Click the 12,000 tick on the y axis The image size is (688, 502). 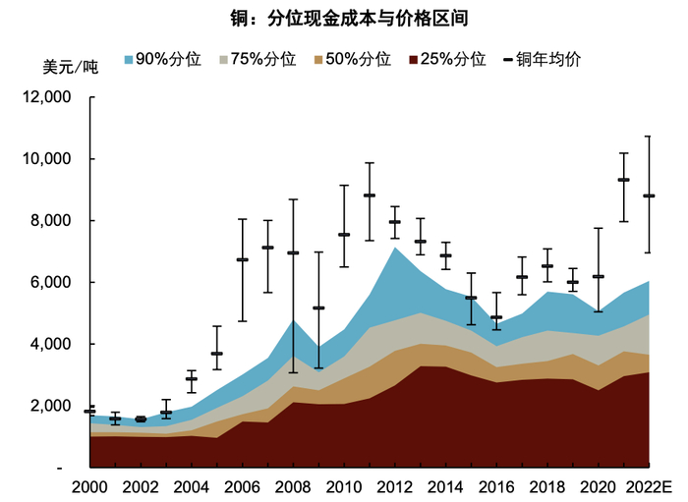(45, 97)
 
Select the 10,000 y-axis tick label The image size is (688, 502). (45, 159)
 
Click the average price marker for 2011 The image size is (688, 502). (370, 195)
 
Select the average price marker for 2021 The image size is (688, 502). (623, 180)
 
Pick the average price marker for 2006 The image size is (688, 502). (242, 259)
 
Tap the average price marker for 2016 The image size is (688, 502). (496, 317)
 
